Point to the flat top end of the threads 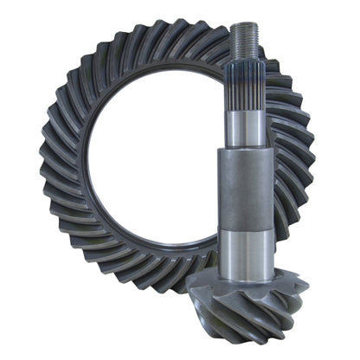tap(242, 25)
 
